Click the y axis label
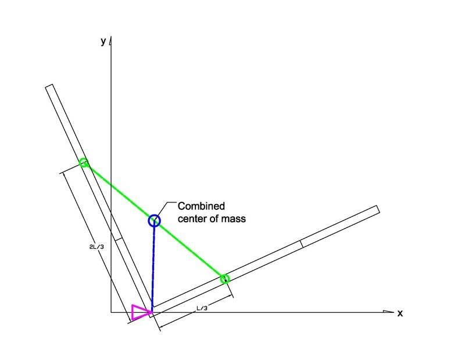103,41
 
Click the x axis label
400,313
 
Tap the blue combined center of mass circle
154,220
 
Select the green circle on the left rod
84,163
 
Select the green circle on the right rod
225,279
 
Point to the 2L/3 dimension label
96,247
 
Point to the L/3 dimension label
202,308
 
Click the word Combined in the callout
201,206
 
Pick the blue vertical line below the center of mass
153,266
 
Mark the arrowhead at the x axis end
388,312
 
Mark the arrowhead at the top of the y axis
111,41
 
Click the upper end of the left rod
49,86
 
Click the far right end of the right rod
378,209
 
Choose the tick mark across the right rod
302,244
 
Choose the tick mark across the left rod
118,238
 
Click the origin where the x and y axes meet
111,312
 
